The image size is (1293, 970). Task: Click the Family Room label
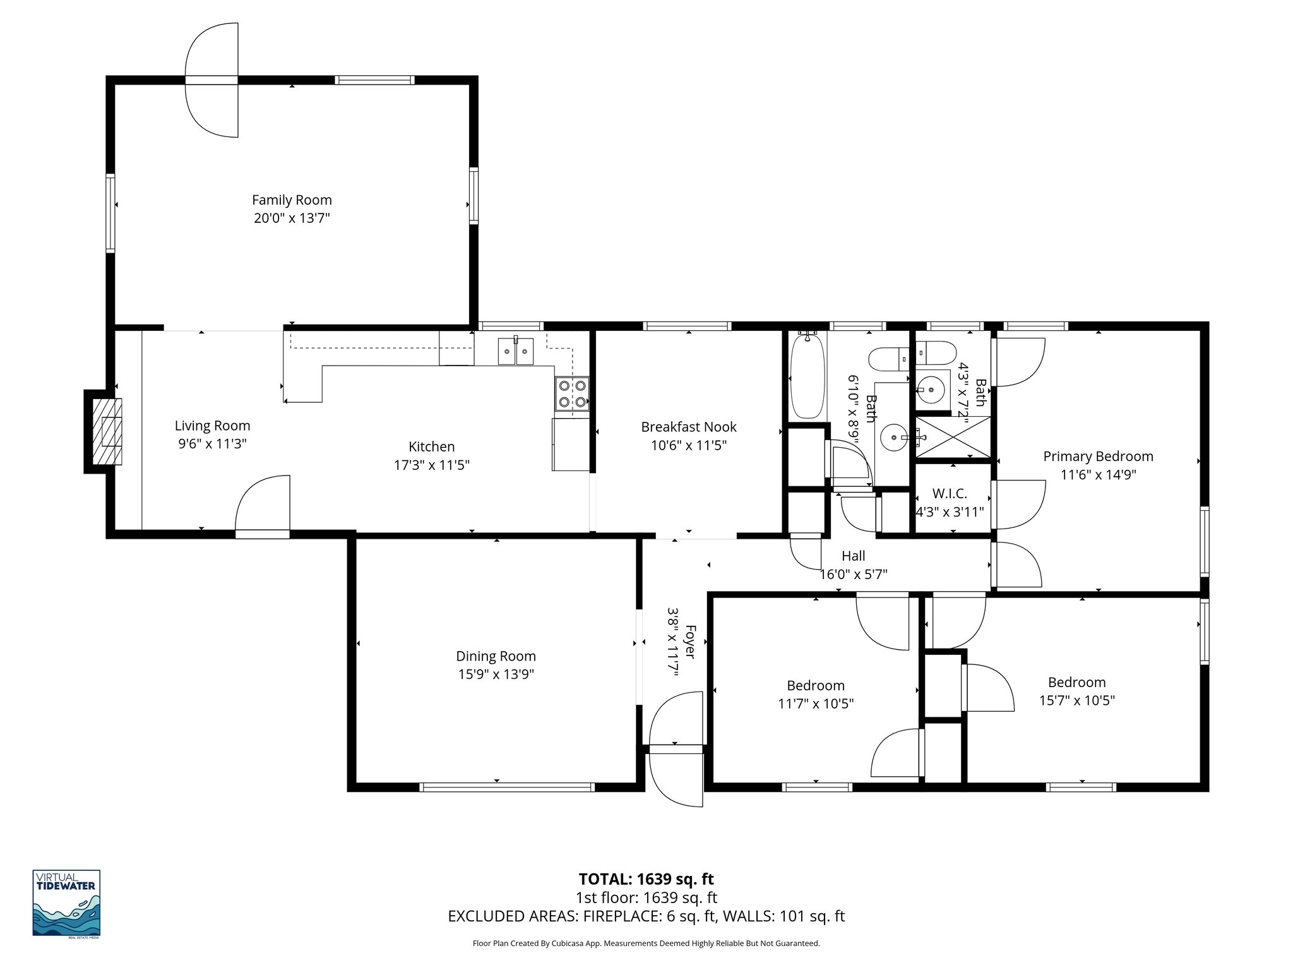(292, 200)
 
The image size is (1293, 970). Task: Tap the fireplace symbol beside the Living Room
(106, 431)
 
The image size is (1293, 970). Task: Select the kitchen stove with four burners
(573, 393)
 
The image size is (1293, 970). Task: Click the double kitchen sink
(516, 351)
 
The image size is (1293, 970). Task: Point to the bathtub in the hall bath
(807, 376)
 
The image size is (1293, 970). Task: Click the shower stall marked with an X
(952, 436)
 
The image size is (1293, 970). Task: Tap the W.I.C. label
(950, 494)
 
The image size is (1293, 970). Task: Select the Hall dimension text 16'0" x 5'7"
(853, 575)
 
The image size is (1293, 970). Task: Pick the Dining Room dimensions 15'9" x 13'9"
(496, 674)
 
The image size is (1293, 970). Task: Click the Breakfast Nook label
(688, 427)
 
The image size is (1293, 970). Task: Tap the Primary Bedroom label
(1098, 456)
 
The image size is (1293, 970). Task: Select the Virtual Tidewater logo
(66, 904)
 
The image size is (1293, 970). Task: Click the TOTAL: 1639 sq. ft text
(646, 879)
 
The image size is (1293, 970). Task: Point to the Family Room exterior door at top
(212, 80)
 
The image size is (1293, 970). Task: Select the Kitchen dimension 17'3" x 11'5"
(432, 465)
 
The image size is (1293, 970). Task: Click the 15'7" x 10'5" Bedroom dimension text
(1076, 700)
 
